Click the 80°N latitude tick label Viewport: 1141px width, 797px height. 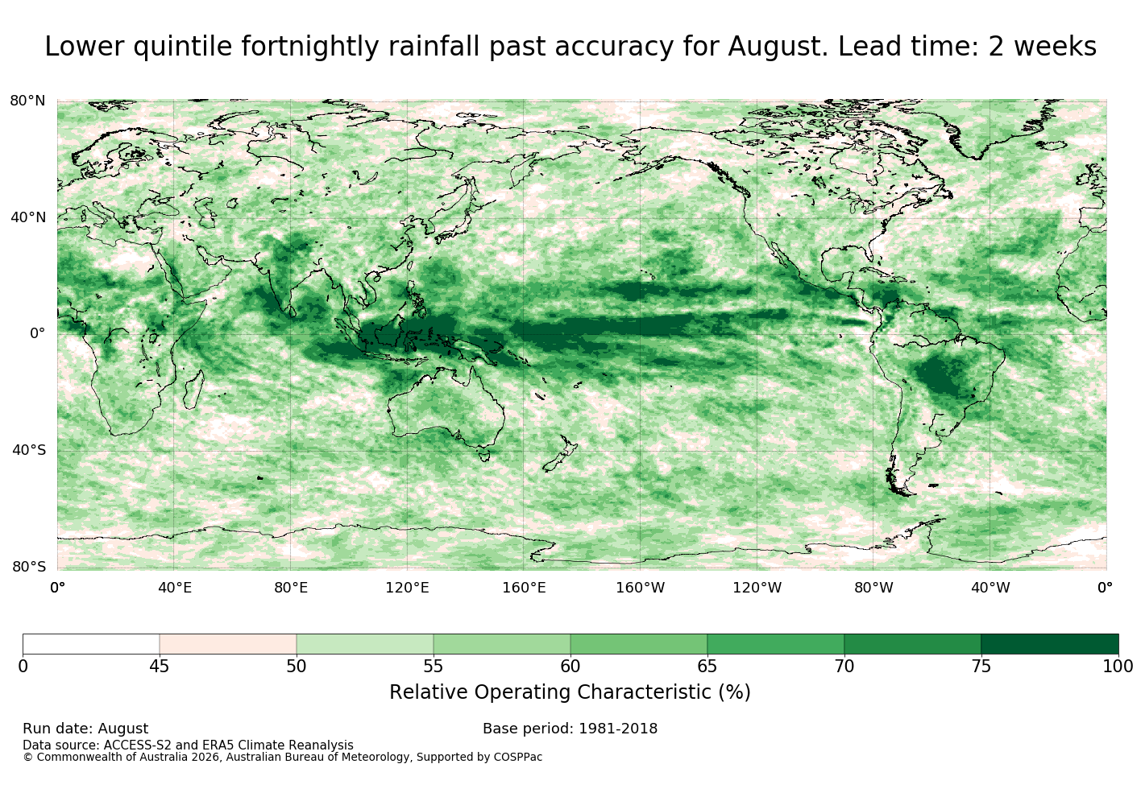pos(27,101)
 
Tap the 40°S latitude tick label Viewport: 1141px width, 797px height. pos(29,450)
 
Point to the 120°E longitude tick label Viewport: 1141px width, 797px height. pos(407,588)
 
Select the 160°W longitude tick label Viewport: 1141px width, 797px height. pos(641,588)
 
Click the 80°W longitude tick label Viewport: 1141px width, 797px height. pos(873,588)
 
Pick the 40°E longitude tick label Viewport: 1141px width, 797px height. pos(174,588)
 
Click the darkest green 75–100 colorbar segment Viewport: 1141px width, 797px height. pos(1049,644)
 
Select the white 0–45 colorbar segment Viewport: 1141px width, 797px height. pos(91,644)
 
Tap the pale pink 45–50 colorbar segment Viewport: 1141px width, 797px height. pos(228,644)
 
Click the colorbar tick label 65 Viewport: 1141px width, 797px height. pos(707,667)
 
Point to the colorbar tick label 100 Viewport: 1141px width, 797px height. pos(1118,667)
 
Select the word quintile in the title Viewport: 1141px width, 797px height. pos(183,47)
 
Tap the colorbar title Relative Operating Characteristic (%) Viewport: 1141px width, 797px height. pos(570,692)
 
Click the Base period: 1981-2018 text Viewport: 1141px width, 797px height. pos(570,729)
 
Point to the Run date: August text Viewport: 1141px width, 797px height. pos(85,729)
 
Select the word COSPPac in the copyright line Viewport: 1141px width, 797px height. pos(517,758)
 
